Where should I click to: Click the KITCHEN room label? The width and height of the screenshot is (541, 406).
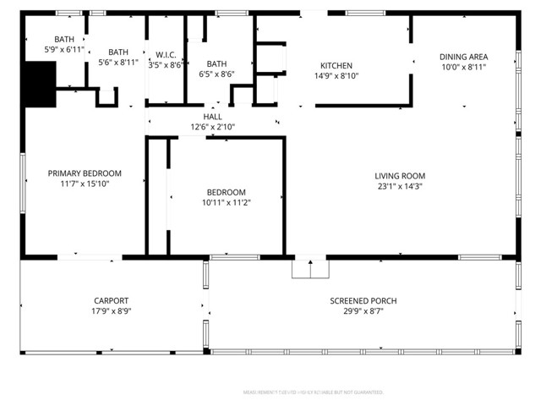(x=336, y=65)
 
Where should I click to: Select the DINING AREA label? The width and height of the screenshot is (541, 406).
(x=463, y=57)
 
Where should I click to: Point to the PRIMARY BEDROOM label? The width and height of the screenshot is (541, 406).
(x=85, y=173)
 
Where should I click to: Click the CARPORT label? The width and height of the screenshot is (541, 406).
(x=111, y=300)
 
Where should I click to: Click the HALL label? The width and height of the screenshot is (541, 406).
(x=212, y=117)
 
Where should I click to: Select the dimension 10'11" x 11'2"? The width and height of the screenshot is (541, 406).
(x=227, y=202)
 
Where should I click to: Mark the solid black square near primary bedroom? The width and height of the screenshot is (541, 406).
(x=39, y=85)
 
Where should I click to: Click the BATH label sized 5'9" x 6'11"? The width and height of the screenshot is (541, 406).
(x=64, y=40)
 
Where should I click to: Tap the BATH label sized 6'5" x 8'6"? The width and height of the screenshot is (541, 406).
(x=216, y=63)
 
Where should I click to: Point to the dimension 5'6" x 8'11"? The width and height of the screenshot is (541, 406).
(x=118, y=62)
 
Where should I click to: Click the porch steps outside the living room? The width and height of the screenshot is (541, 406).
(x=310, y=268)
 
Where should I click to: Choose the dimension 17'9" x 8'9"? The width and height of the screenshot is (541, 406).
(x=111, y=311)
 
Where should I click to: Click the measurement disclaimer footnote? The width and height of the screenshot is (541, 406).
(x=313, y=392)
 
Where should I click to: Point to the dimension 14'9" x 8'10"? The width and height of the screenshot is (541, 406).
(x=336, y=75)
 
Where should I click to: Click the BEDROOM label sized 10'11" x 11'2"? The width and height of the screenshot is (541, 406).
(x=227, y=192)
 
